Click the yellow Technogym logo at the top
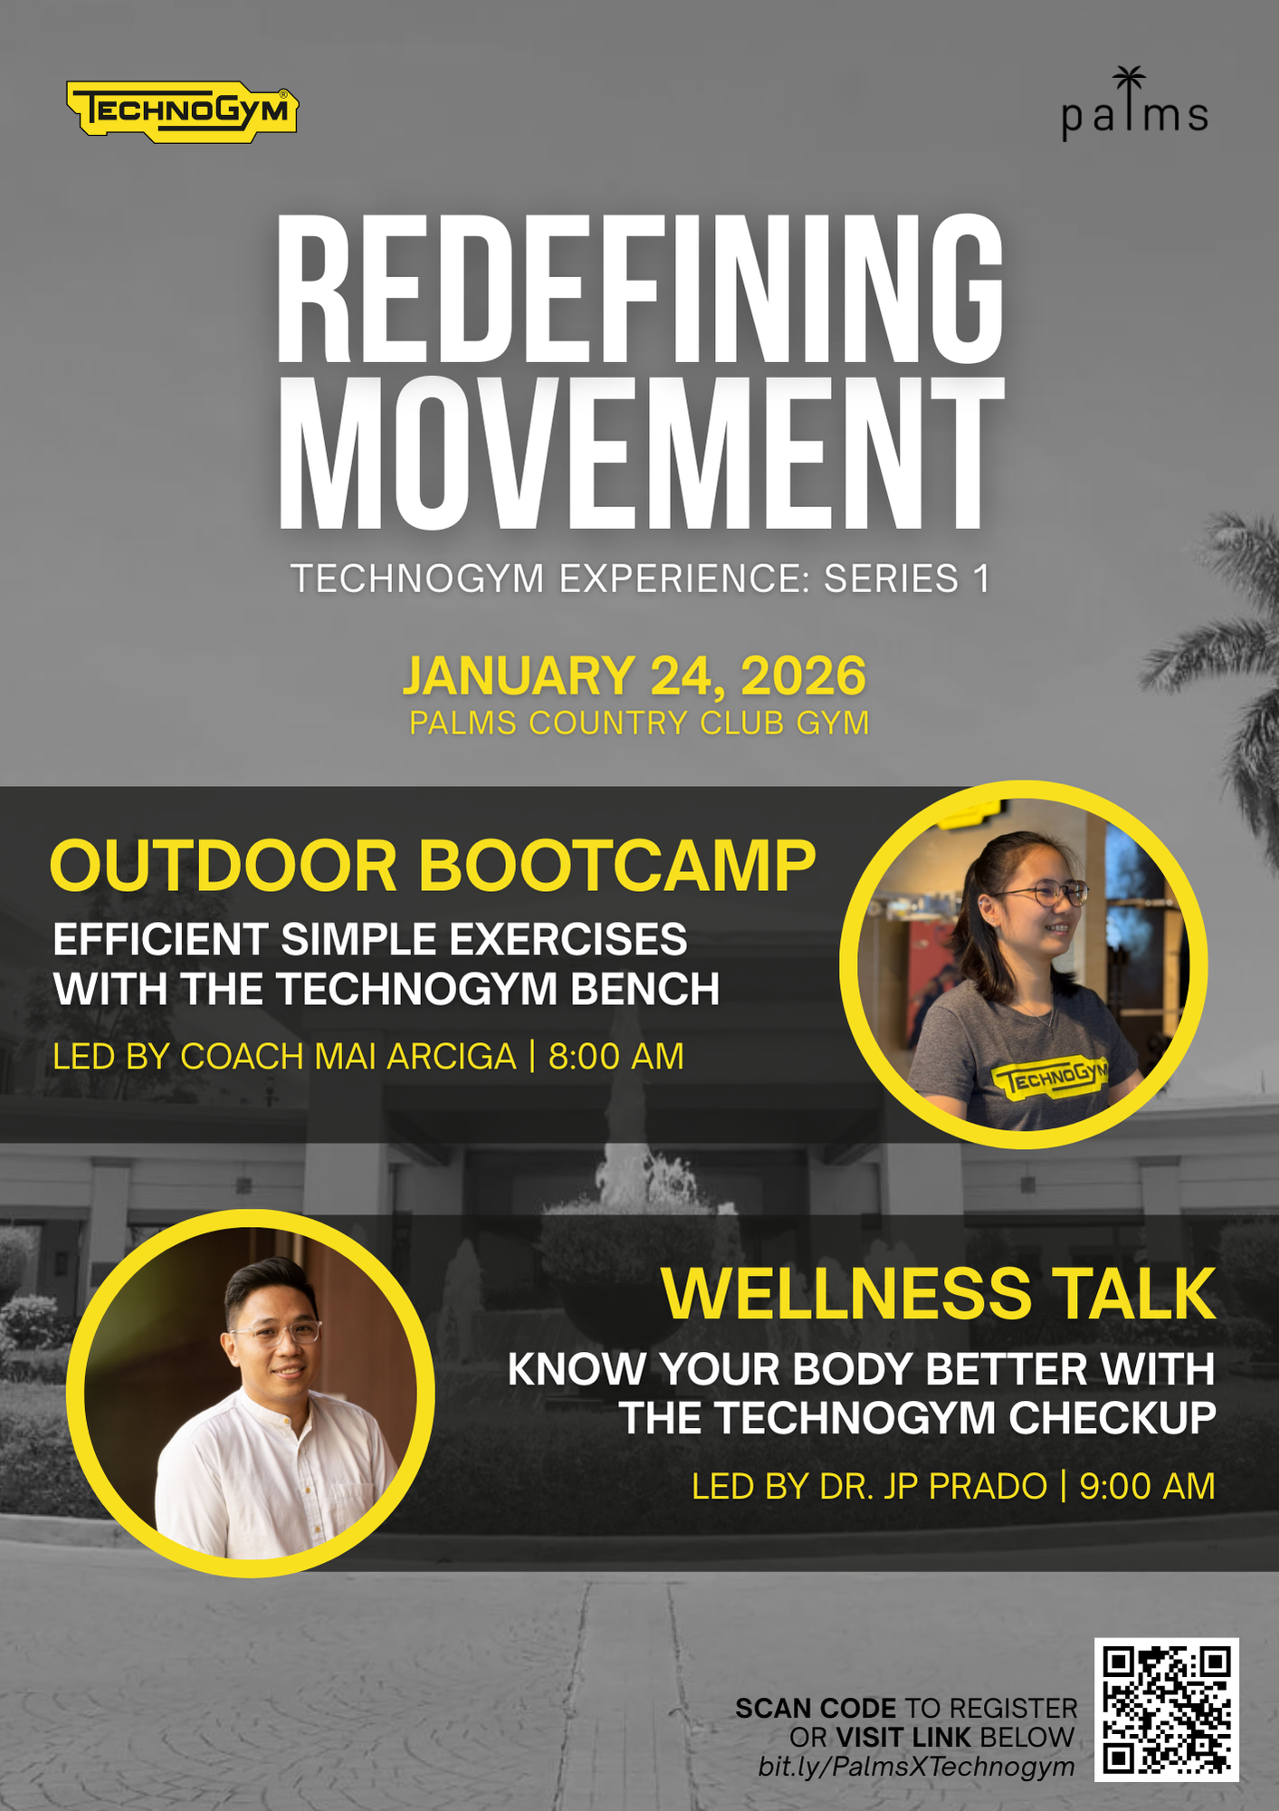(183, 111)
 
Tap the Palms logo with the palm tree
(1134, 104)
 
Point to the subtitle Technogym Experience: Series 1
(640, 579)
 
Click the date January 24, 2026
(635, 676)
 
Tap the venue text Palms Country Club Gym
(639, 723)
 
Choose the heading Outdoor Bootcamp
(433, 867)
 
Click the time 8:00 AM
(616, 1057)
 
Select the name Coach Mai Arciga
(348, 1057)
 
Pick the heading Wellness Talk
(939, 1294)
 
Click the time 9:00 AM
(1147, 1487)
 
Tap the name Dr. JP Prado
(933, 1487)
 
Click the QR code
(1167, 1710)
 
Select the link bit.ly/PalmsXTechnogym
(916, 1767)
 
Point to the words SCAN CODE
(816, 1709)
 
